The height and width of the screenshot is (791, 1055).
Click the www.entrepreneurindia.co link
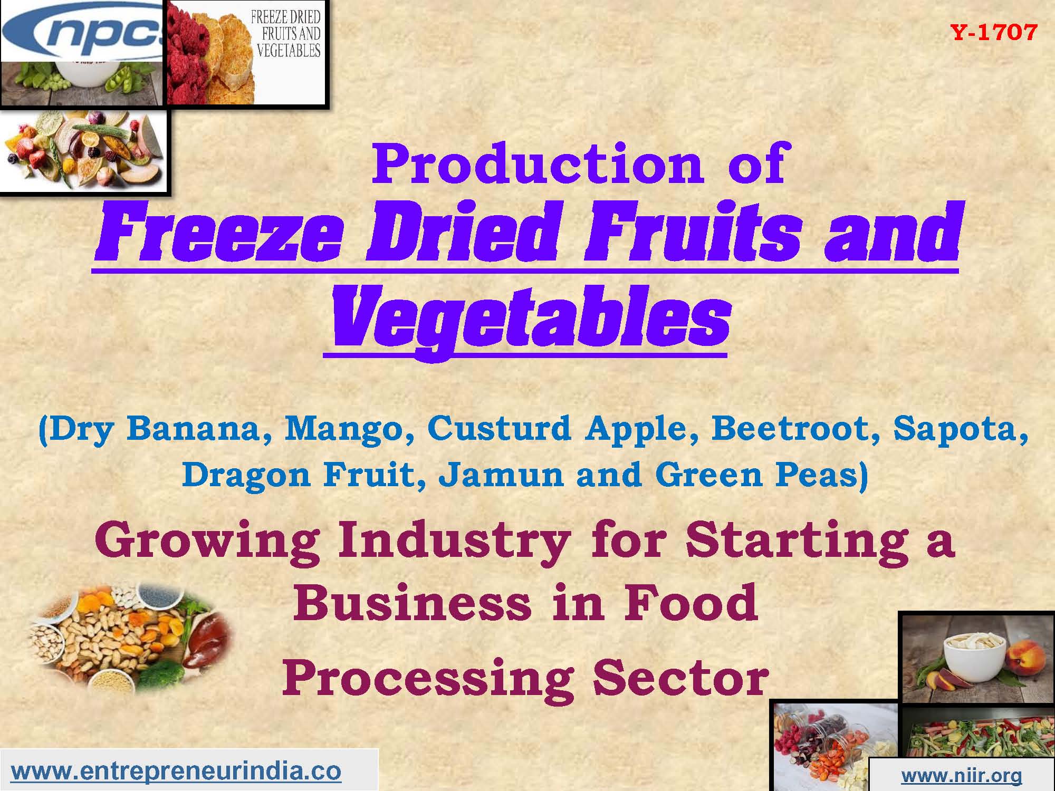(x=176, y=771)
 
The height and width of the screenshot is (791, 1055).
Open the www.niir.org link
(x=961, y=775)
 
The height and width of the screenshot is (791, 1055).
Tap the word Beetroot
(x=795, y=428)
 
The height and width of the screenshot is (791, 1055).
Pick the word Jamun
(x=502, y=474)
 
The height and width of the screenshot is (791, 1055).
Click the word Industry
(x=454, y=540)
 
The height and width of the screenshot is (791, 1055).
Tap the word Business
(x=412, y=603)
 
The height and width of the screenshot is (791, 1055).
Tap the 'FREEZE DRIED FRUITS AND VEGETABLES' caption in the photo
(x=287, y=33)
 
